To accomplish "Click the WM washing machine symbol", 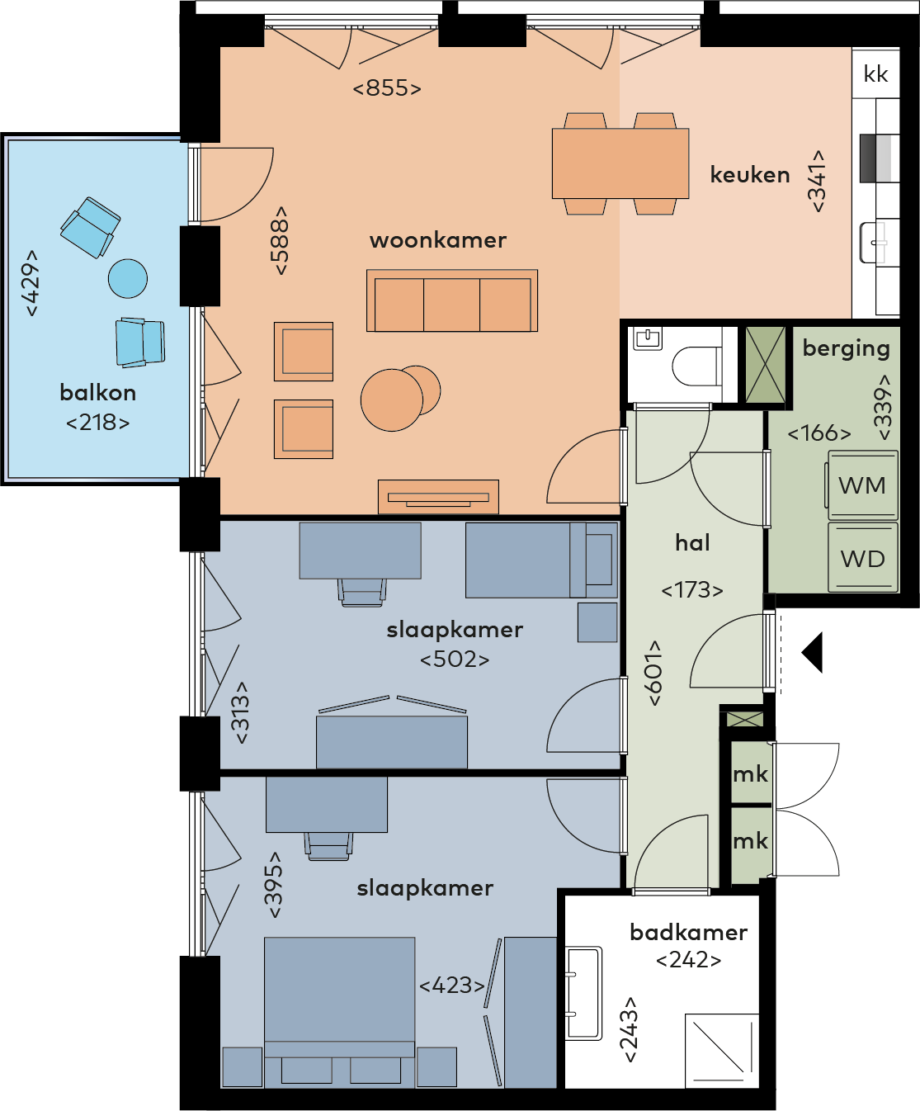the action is point(862,485).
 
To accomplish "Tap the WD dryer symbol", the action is point(862,557).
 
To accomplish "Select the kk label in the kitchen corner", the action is point(875,74).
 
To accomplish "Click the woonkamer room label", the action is point(437,240).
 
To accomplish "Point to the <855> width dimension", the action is point(387,88).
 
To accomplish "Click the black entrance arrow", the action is point(812,652).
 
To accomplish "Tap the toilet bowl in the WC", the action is point(696,366).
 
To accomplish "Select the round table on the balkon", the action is point(128,278).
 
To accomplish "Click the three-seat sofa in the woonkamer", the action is point(452,300).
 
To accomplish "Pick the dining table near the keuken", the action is point(620,163).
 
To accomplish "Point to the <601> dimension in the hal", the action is point(654,673).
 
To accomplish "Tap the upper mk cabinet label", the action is point(750,775).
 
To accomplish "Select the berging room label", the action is point(846,349).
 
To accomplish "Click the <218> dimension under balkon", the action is point(98,423).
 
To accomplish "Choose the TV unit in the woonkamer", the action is point(438,497).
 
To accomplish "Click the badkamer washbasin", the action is point(584,993).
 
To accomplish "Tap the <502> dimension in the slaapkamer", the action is point(455,660).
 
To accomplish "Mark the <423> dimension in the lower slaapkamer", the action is point(452,986).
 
